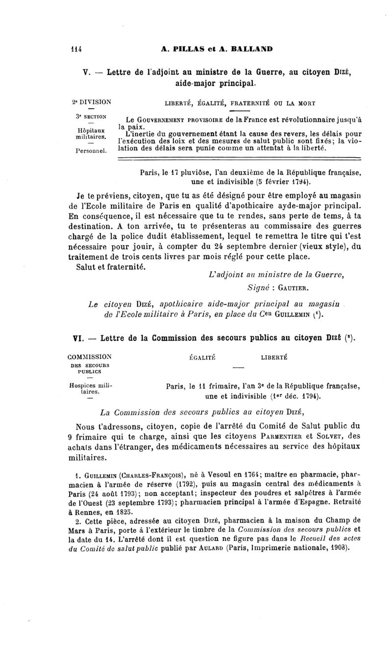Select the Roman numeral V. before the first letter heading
tap(85, 73)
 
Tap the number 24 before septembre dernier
tap(262, 247)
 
